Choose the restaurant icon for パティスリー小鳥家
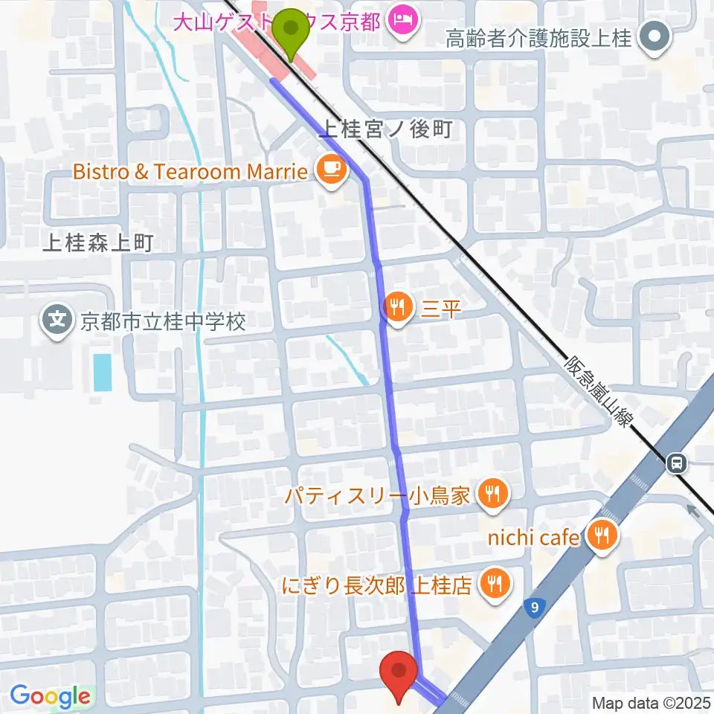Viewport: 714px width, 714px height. pyautogui.click(x=492, y=493)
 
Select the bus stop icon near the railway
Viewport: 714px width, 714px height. pyautogui.click(x=677, y=464)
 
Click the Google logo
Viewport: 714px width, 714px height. pyautogui.click(x=50, y=696)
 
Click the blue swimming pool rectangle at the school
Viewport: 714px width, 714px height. pyautogui.click(x=103, y=372)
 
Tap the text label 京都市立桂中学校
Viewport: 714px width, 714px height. pyautogui.click(x=163, y=322)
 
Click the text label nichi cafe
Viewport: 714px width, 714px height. pyautogui.click(x=530, y=536)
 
